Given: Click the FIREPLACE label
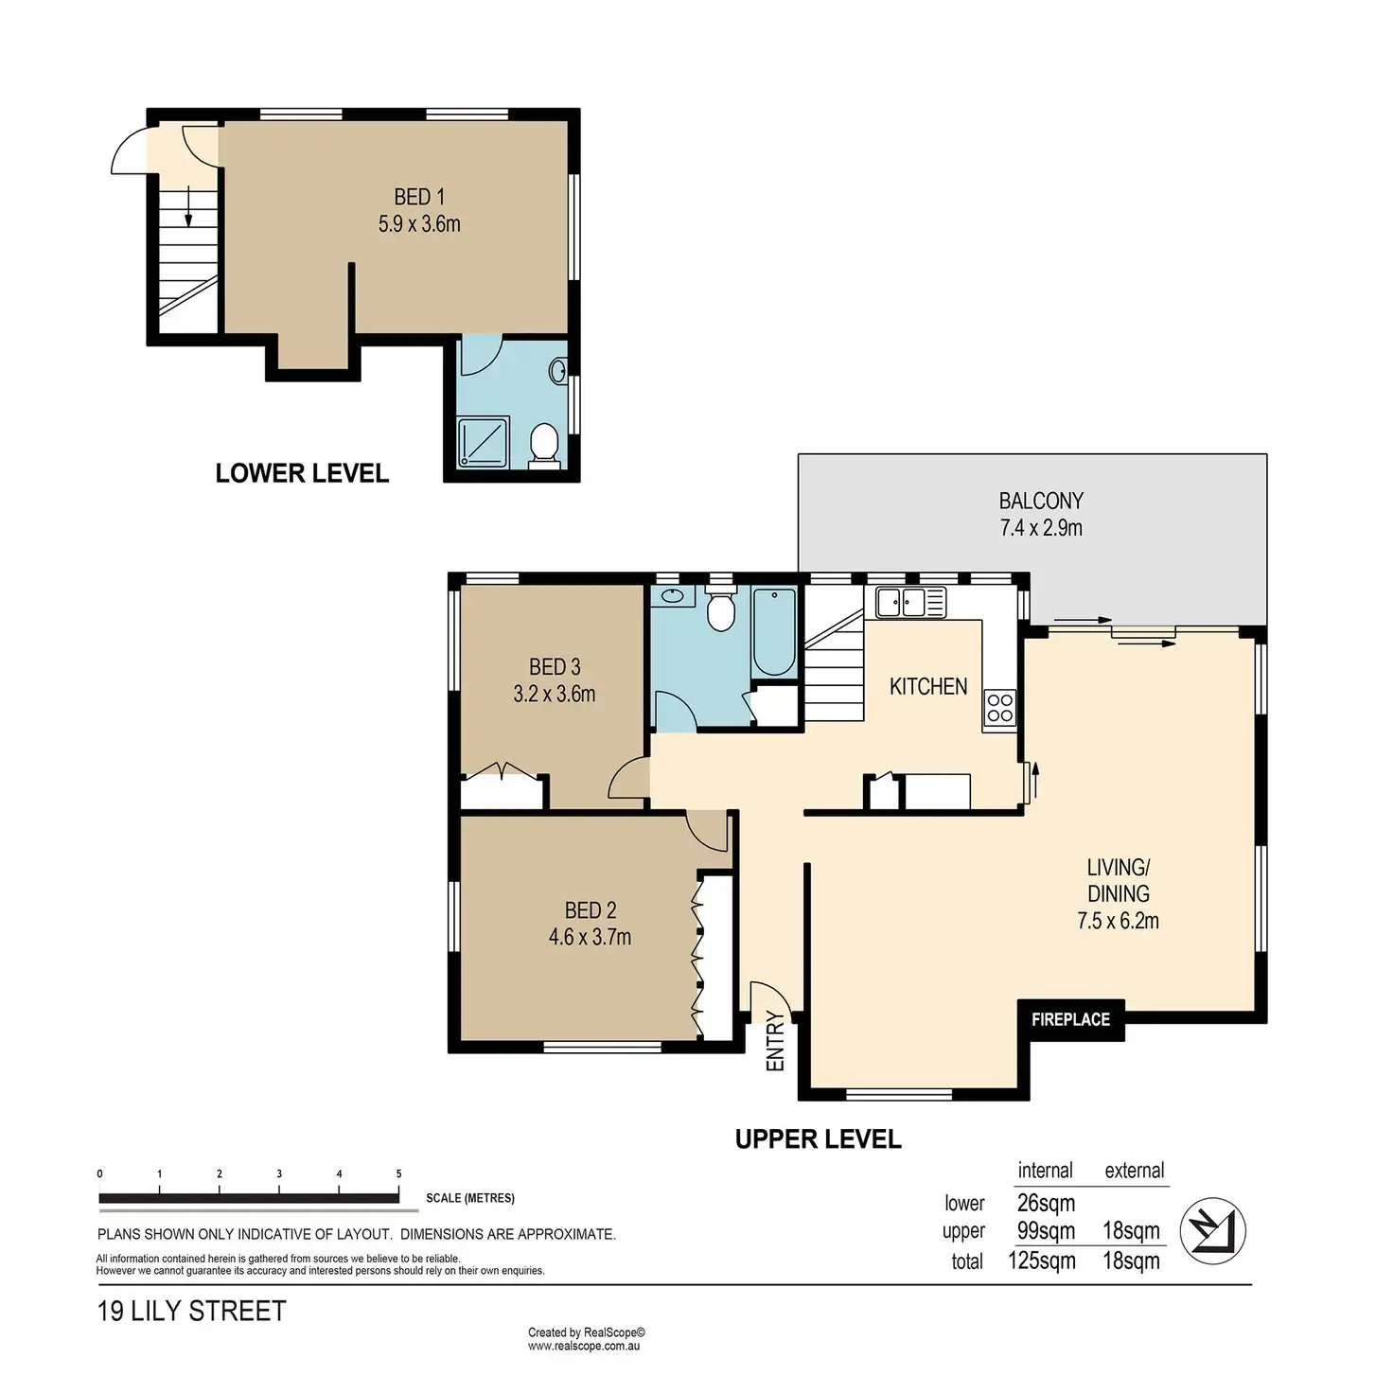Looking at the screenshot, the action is coord(1070,1019).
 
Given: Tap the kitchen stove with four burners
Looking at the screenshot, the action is coord(999,708).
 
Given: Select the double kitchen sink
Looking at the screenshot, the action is coord(910,602).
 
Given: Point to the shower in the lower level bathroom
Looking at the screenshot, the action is coord(484,442).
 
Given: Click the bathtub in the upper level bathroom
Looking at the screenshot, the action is coord(773,632).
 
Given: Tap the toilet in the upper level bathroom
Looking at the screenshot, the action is coord(721,610).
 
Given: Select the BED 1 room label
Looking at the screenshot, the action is coord(419,197).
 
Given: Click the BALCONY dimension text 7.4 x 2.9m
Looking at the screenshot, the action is coord(1041,528).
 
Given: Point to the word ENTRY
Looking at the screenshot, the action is coord(775,1042).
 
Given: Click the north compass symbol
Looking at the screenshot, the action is coord(1212,1230).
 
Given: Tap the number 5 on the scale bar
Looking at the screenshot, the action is coord(398,1174).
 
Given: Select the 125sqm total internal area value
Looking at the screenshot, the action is coord(1042,1261).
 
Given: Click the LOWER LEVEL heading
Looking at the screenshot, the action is coord(302,473).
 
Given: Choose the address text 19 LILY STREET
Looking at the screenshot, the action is coord(191,1312).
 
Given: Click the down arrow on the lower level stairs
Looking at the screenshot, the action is coord(188,206).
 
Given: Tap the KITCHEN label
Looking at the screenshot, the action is coord(928,686).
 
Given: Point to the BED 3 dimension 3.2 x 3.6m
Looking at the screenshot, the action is coord(555,694).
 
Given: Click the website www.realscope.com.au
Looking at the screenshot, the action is coord(583,1346).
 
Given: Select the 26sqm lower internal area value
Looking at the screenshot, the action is coord(1046,1203).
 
